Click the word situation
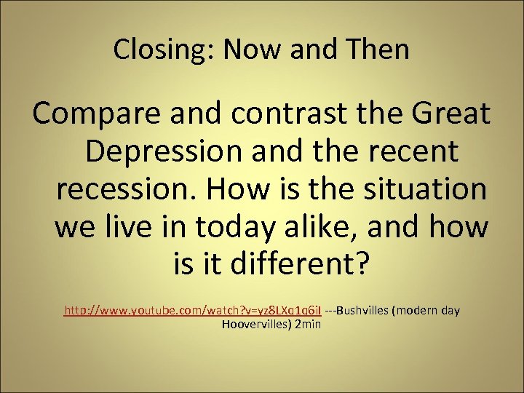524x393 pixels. coord(421,189)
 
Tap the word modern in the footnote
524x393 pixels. coord(418,311)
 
